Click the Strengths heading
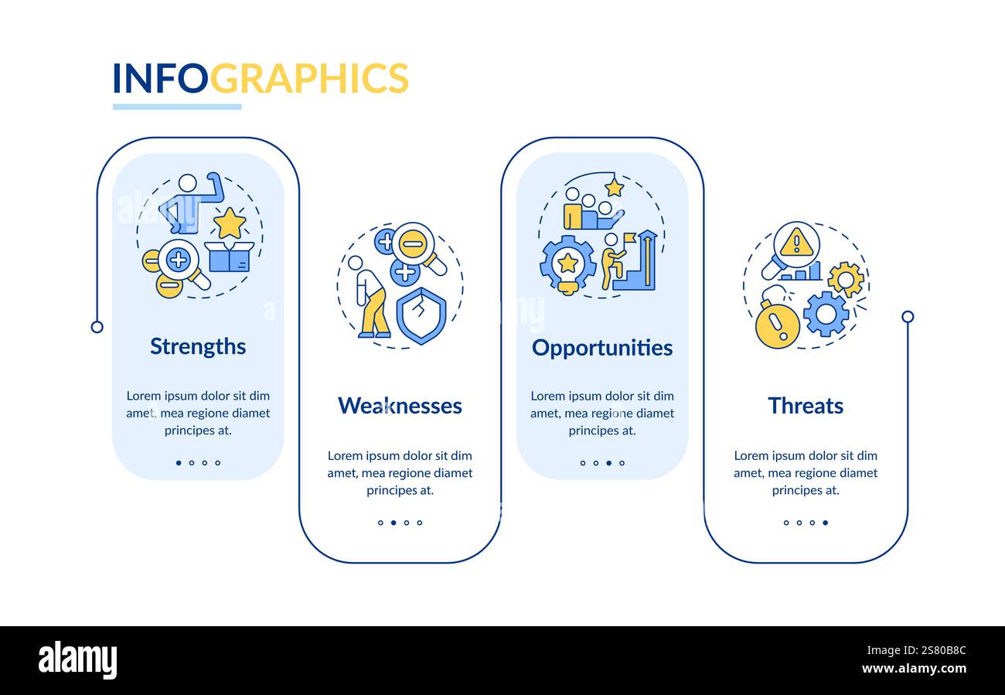point(198,346)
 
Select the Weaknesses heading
point(400,406)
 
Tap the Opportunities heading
point(602,348)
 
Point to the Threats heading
point(806,406)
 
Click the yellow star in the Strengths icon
point(230,224)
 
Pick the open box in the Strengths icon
point(230,257)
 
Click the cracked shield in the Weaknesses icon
point(421,315)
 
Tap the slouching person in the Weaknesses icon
point(370,298)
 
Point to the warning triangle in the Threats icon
point(795,244)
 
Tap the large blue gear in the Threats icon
point(826,314)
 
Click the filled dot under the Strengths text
point(179,463)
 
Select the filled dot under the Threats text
point(825,523)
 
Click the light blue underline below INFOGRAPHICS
point(177,107)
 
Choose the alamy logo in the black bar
point(77,661)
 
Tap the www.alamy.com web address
point(913,669)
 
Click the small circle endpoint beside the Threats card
point(908,316)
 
